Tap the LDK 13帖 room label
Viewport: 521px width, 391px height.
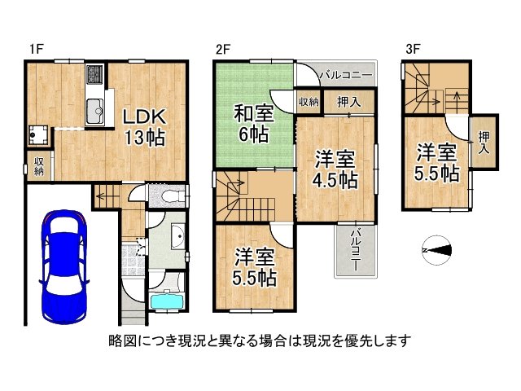click(144, 126)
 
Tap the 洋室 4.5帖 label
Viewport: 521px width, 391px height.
click(334, 169)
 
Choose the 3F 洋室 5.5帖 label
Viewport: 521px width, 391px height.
click(438, 161)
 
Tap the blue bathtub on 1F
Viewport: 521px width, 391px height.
click(169, 301)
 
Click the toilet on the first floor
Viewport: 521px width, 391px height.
click(169, 195)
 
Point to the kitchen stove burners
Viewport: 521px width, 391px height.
click(94, 74)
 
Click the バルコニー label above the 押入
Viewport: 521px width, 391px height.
click(345, 75)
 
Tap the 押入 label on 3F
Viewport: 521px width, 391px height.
click(484, 143)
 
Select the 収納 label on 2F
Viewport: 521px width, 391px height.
click(308, 102)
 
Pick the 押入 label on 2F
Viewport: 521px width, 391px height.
click(346, 102)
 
